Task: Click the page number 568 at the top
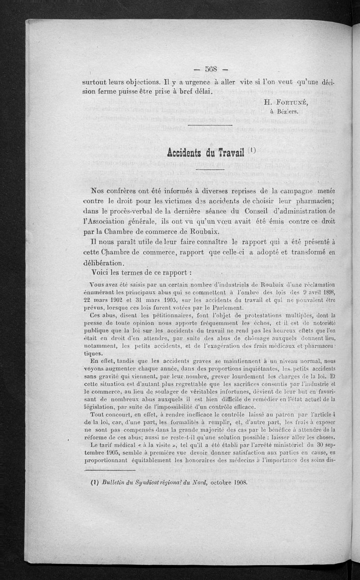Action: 211,69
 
